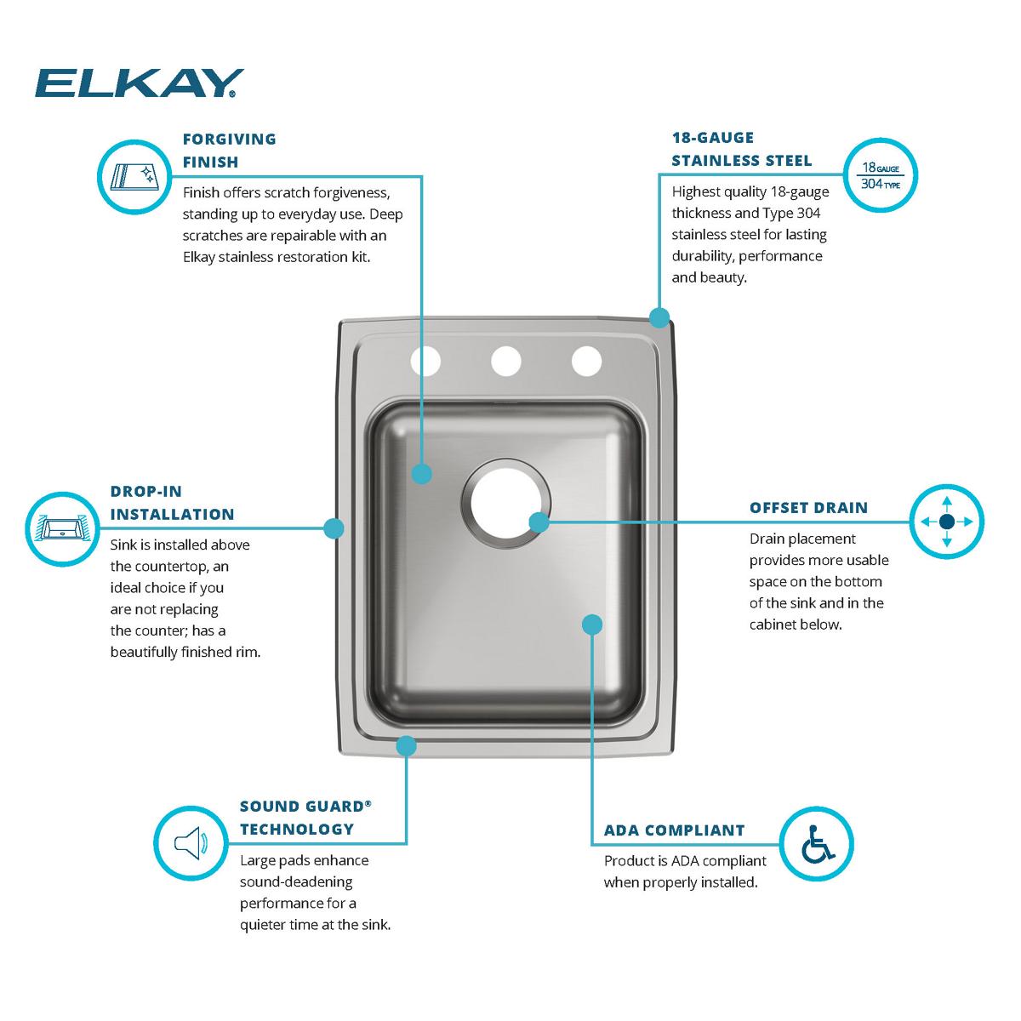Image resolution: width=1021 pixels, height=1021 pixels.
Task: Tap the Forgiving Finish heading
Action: coord(230,150)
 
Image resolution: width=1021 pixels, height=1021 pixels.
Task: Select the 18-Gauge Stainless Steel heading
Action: coord(741,149)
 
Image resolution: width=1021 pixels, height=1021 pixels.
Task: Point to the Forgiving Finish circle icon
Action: coord(134,176)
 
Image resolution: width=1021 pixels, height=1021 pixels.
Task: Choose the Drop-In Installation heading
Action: coord(172,503)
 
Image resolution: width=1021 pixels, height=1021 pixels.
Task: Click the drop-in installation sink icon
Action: coord(62,529)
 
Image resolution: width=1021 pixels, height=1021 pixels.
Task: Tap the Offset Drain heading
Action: coord(808,508)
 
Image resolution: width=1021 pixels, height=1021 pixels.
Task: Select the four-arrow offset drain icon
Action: coord(946,522)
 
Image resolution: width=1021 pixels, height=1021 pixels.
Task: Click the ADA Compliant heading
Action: coord(674,830)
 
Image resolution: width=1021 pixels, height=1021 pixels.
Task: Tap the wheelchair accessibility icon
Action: coord(817,843)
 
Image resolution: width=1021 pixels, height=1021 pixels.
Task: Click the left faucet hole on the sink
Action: coord(425,362)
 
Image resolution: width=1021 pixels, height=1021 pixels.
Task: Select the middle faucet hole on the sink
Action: coord(505,362)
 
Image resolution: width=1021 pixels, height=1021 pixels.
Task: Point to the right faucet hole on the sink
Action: coord(585,362)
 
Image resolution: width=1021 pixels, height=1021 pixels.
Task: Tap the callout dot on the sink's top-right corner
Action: coord(659,318)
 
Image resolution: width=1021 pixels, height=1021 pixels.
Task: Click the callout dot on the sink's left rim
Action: coord(334,528)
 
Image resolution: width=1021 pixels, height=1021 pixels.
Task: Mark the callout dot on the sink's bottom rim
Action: coord(407,746)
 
